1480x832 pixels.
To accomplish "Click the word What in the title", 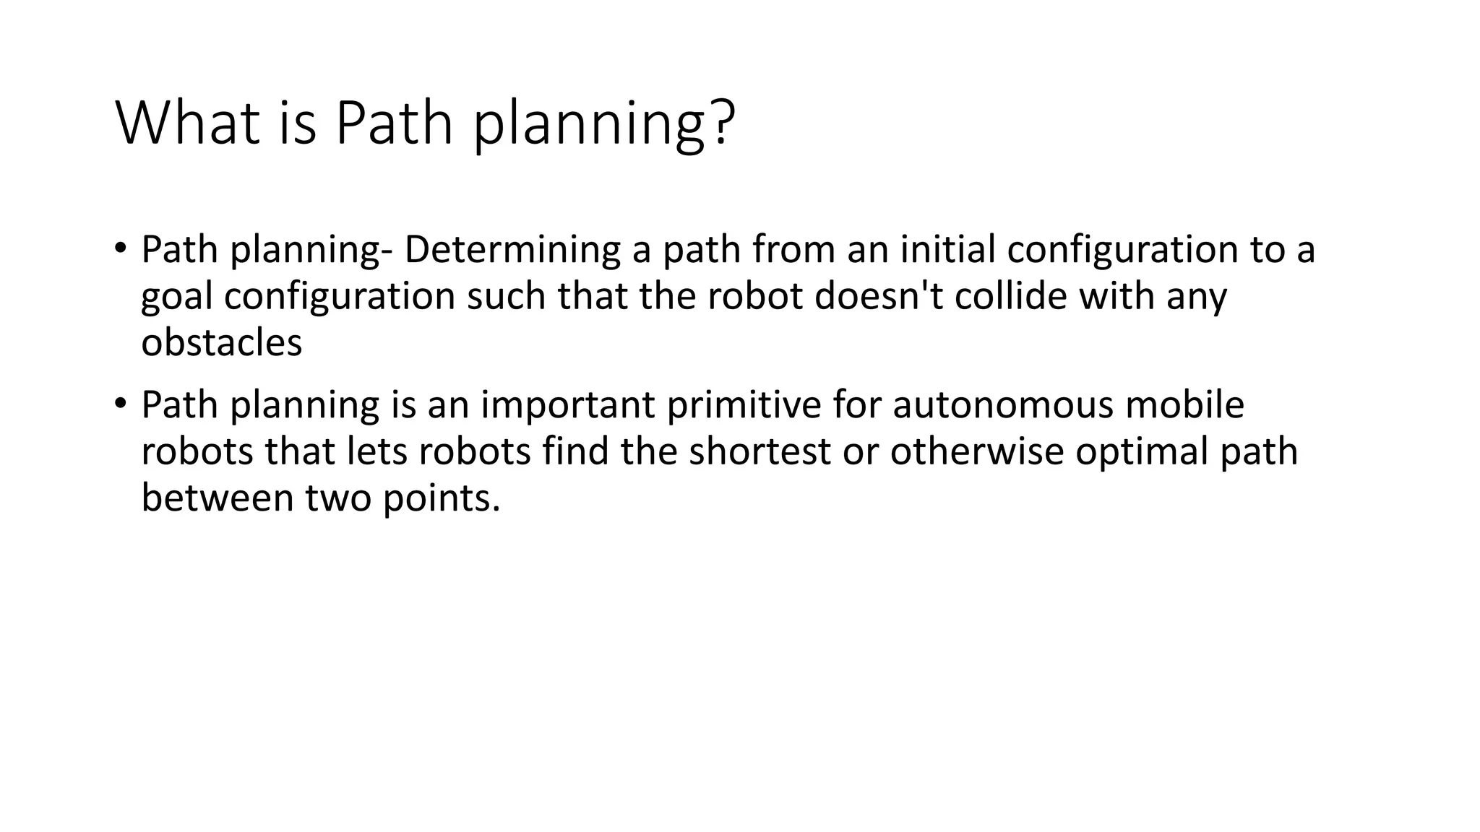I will pyautogui.click(x=187, y=123).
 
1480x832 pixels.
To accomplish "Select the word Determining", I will pyautogui.click(x=512, y=250).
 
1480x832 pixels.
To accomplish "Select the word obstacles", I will pyautogui.click(x=221, y=342).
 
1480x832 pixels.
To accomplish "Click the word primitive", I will pyautogui.click(x=744, y=404).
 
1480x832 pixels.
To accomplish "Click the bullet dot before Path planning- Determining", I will pyautogui.click(x=120, y=248).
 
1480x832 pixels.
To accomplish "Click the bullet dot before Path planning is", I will pyautogui.click(x=120, y=402).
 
